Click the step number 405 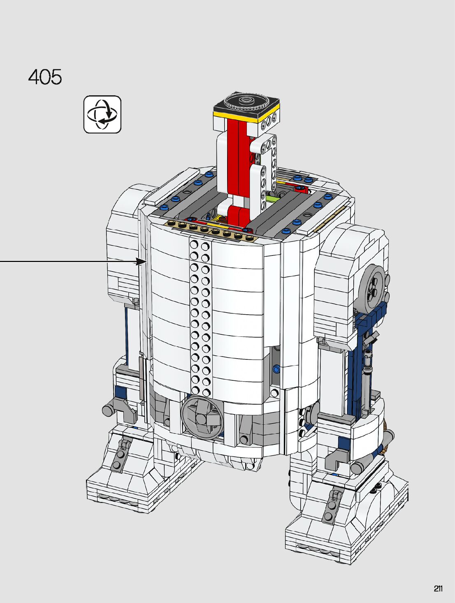45,77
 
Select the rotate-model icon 102,114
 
